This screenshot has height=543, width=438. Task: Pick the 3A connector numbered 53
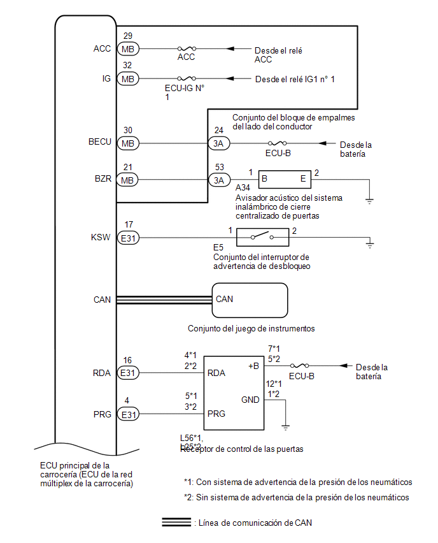tap(218, 180)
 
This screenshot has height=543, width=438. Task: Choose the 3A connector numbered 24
tap(218, 143)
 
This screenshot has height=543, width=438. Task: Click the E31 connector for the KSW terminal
tap(129, 238)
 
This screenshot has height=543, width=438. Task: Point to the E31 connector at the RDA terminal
tap(129, 373)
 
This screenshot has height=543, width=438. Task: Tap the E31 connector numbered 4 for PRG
tap(129, 415)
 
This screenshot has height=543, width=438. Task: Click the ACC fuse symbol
tap(186, 48)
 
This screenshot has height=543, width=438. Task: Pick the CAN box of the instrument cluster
tap(250, 300)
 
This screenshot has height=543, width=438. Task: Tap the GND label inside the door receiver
tap(250, 400)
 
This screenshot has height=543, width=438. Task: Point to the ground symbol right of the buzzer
tap(369, 201)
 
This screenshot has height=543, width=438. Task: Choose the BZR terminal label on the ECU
tap(102, 179)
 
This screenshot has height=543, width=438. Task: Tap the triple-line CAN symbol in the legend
tap(176, 523)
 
